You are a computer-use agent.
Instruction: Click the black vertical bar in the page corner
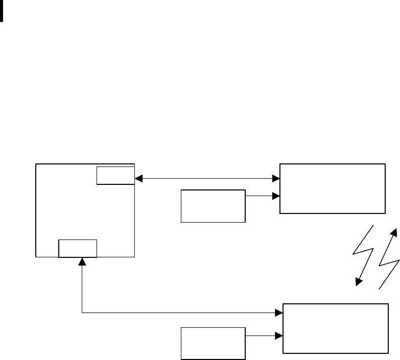click(2, 11)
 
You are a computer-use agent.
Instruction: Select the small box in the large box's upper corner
click(115, 175)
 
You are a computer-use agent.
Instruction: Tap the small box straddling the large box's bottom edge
click(78, 248)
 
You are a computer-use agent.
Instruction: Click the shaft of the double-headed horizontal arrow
click(207, 179)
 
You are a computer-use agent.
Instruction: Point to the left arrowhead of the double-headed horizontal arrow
click(138, 179)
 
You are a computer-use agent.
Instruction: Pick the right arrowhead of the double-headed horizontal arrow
click(276, 179)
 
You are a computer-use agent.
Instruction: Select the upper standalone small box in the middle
click(213, 206)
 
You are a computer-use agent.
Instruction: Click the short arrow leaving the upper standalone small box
click(261, 196)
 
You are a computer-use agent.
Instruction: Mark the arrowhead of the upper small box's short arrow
click(276, 196)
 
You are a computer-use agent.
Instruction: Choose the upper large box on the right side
click(332, 188)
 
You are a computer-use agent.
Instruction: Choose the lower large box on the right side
click(335, 328)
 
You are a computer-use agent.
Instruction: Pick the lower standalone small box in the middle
click(214, 344)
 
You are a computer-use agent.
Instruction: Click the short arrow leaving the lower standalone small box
click(262, 335)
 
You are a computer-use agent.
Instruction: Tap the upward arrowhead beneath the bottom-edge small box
click(82, 262)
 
